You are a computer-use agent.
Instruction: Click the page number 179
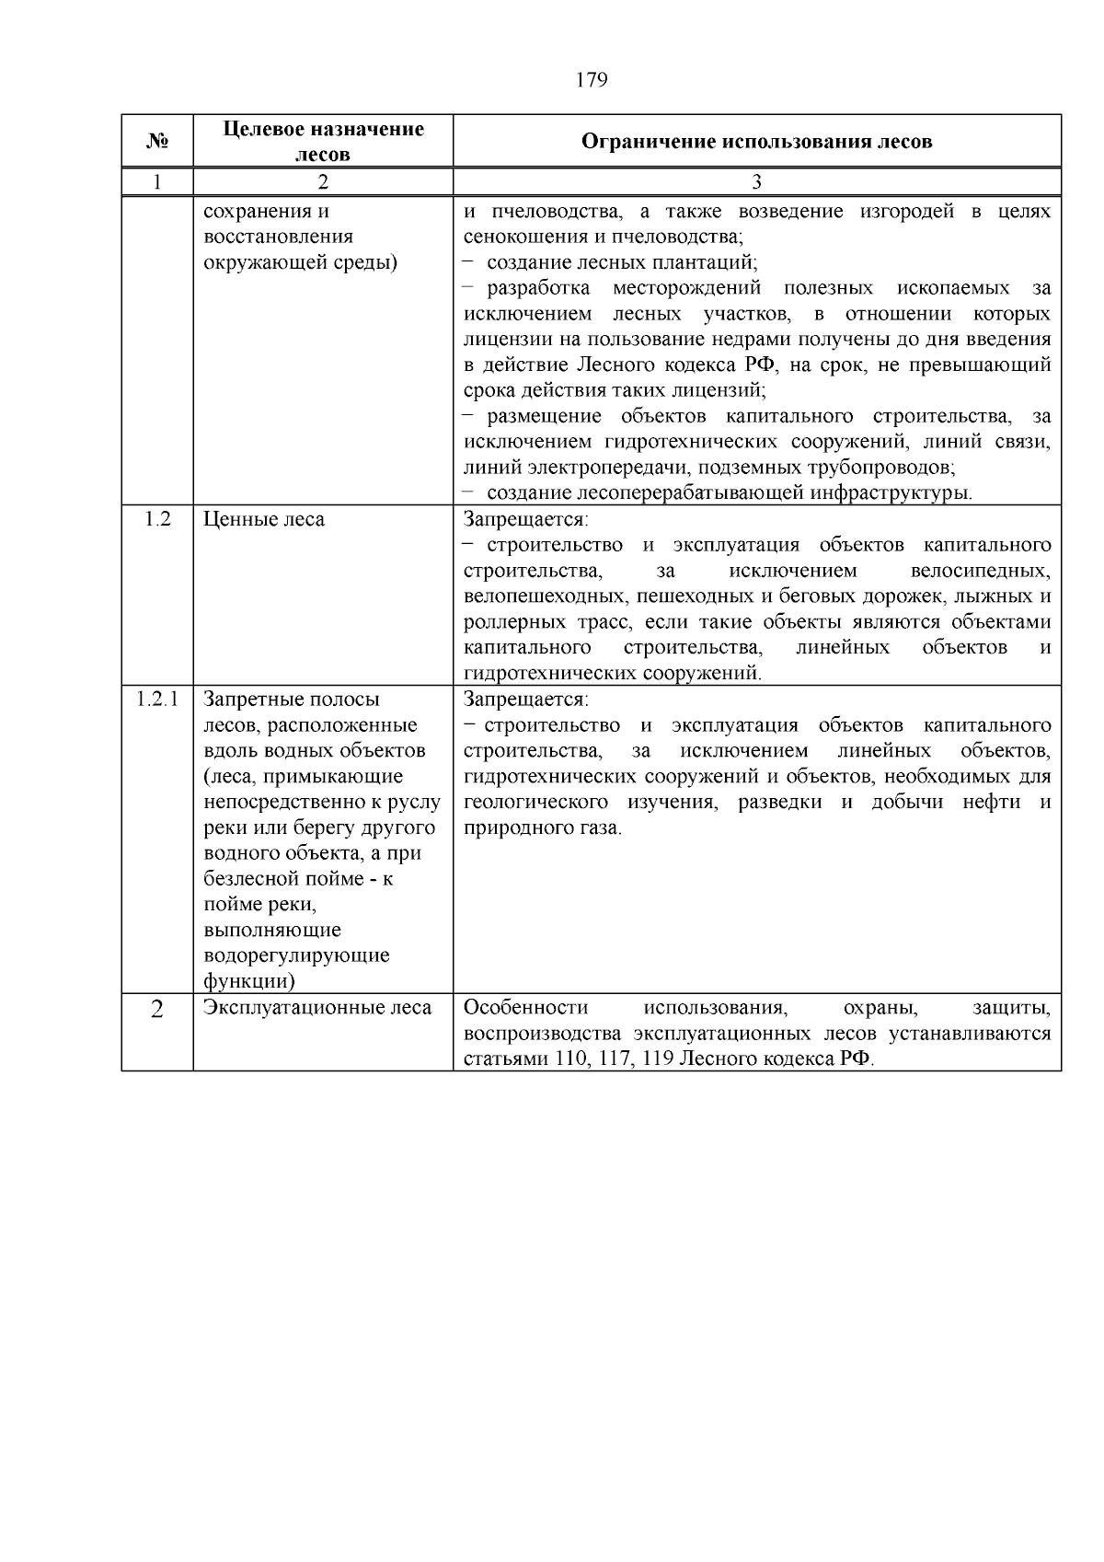pos(591,80)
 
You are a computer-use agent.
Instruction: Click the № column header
pos(157,141)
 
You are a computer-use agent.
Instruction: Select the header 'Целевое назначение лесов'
pos(323,141)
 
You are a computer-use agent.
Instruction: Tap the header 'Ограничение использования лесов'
pos(756,141)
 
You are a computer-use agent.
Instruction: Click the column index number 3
pos(756,182)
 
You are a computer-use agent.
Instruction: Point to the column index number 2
pos(323,182)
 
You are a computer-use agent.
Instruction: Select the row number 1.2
pos(157,519)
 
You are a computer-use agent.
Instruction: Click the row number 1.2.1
pos(157,699)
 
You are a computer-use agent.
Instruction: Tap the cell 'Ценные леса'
pos(264,519)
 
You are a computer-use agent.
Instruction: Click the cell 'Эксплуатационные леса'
pos(317,1008)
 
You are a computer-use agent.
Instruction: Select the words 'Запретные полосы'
pos(291,700)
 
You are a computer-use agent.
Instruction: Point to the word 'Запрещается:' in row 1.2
pos(525,519)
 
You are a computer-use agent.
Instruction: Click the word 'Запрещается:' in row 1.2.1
pos(525,700)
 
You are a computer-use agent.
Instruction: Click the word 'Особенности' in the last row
pos(525,1008)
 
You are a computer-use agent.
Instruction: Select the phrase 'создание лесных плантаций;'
pos(622,262)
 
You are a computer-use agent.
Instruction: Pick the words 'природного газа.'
pos(543,827)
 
